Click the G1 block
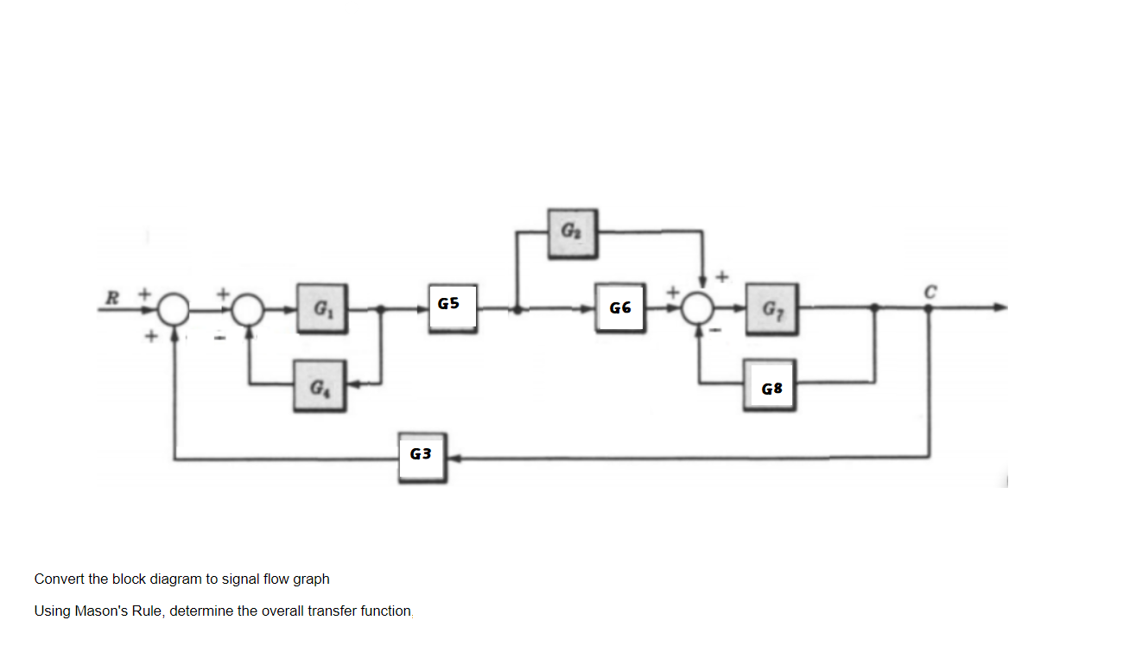[x=322, y=307]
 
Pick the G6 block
[x=619, y=307]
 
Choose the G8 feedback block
[x=771, y=389]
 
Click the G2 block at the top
[x=573, y=231]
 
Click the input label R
[x=111, y=296]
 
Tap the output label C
[x=929, y=290]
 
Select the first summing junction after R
[x=175, y=308]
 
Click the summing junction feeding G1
[x=250, y=308]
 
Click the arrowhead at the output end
[x=1000, y=307]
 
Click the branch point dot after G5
[x=517, y=308]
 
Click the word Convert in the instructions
[x=59, y=579]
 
